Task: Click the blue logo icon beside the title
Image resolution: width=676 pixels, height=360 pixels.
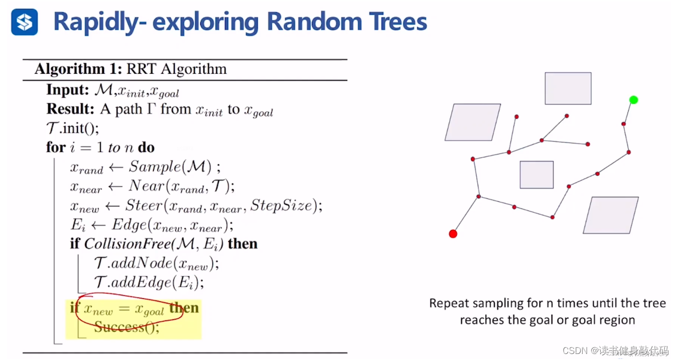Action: pos(25,22)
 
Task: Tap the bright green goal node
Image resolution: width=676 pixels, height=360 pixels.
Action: pos(633,100)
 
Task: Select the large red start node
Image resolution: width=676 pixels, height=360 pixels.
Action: pos(453,233)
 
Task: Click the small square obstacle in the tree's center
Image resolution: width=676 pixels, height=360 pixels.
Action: pos(536,175)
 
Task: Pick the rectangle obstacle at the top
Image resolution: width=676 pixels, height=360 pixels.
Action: pos(568,88)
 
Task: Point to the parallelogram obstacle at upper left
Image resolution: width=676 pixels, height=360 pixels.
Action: pos(473,122)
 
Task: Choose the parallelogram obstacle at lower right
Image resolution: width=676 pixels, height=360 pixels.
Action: pos(611,215)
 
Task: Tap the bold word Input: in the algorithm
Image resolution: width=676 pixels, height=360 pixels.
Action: pos(68,90)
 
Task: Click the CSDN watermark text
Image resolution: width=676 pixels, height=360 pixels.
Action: pos(575,350)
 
